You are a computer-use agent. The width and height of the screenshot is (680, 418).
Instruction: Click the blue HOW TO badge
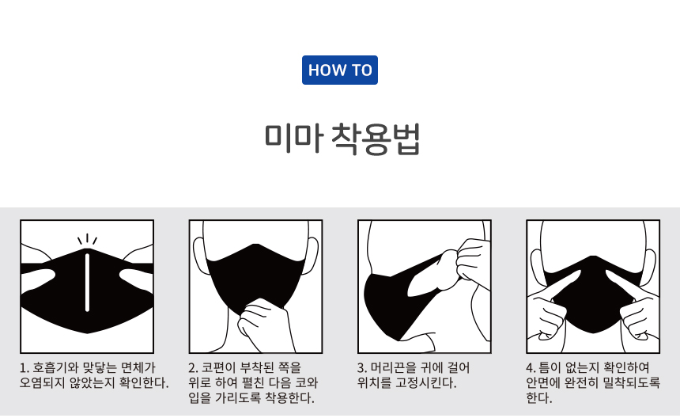tap(339, 70)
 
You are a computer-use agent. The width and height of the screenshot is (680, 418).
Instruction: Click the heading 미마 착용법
tap(342, 139)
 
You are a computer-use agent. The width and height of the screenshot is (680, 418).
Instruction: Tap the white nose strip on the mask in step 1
tap(87, 283)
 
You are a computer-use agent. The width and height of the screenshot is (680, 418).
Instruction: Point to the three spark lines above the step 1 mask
tap(87, 240)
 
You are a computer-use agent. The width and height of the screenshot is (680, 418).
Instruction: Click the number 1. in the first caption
tap(25, 368)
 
